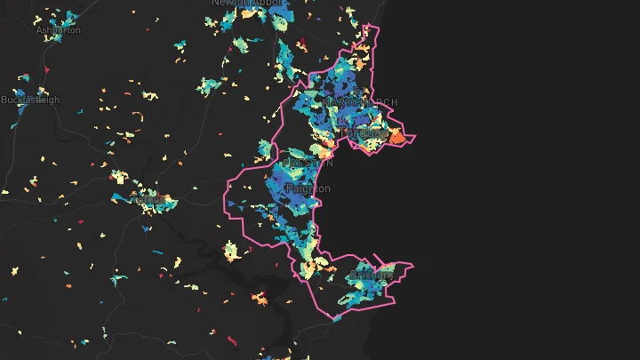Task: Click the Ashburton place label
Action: (58, 29)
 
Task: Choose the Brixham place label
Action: (372, 275)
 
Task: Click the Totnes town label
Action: (146, 200)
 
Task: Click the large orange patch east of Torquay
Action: (396, 137)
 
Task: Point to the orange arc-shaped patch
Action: (138, 115)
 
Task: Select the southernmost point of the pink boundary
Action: (335, 319)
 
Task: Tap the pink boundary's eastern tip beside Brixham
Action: (414, 264)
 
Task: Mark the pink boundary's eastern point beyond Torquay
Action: (415, 138)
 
